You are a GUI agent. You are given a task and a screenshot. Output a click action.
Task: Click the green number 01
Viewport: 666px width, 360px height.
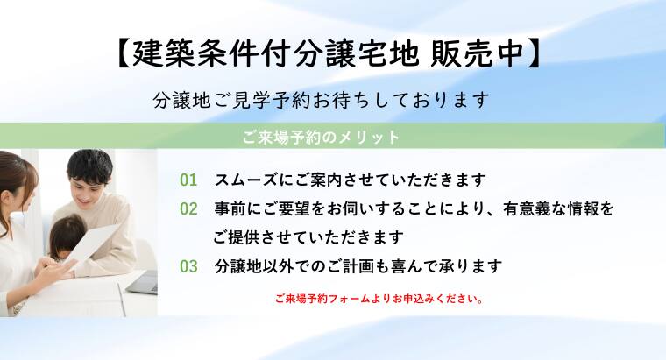[x=188, y=180]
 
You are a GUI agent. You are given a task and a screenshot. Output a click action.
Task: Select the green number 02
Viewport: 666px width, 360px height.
[x=188, y=208]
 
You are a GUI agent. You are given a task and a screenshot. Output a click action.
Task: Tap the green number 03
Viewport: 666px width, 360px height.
[x=188, y=266]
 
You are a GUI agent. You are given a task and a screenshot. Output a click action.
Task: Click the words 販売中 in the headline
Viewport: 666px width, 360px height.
[x=477, y=53]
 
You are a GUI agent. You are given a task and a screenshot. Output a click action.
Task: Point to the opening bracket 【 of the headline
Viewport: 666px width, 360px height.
[x=123, y=53]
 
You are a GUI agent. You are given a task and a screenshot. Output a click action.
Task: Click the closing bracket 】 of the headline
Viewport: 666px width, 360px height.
[x=534, y=53]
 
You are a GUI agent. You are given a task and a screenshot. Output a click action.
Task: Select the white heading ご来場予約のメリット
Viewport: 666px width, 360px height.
[x=321, y=137]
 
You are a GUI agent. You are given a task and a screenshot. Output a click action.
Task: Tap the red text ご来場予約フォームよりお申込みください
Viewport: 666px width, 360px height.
[x=379, y=299]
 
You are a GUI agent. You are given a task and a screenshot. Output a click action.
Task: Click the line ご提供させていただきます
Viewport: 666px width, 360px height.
[x=308, y=237]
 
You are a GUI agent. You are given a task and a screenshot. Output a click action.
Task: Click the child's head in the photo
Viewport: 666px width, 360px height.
[x=68, y=236]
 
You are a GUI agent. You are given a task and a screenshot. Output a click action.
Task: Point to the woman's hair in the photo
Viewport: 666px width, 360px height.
[x=14, y=179]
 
